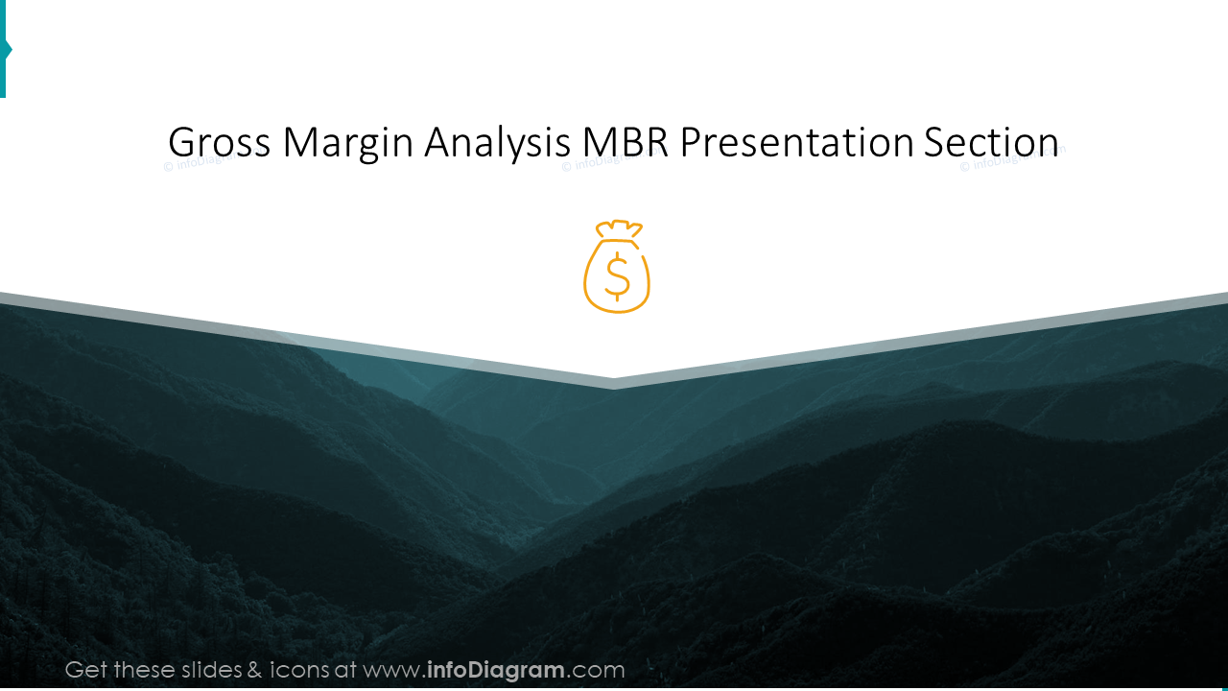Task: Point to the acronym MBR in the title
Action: (626, 143)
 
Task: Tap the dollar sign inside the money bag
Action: (617, 276)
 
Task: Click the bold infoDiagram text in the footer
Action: (496, 670)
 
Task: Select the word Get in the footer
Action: (87, 670)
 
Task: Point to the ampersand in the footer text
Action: (254, 670)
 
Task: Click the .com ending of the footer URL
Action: (597, 670)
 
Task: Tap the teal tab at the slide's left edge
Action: (4, 48)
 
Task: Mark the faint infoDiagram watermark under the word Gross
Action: (192, 164)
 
